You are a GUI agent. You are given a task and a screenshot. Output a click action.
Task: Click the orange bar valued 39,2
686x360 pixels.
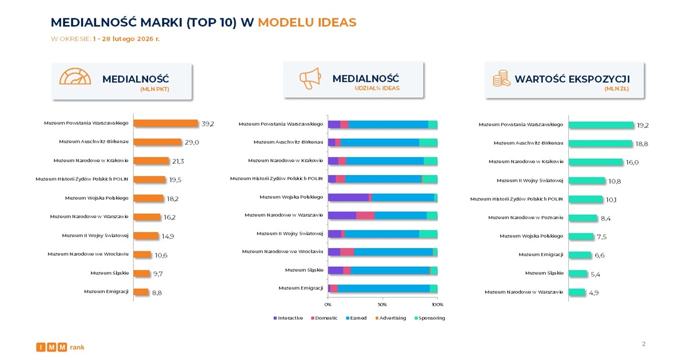click(x=165, y=123)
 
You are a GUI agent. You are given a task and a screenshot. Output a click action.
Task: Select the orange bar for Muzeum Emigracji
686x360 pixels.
click(x=141, y=292)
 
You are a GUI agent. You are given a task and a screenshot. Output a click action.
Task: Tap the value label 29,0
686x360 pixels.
click(x=192, y=142)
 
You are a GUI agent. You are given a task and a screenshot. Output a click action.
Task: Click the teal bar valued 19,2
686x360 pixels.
click(x=601, y=125)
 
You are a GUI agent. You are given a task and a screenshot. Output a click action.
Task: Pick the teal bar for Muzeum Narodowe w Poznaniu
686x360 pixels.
click(x=583, y=218)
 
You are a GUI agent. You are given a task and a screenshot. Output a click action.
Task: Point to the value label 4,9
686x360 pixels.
click(x=593, y=293)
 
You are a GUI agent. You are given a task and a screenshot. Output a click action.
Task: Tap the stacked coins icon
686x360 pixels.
click(x=501, y=79)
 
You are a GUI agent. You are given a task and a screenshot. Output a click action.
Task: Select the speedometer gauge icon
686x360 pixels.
click(x=74, y=79)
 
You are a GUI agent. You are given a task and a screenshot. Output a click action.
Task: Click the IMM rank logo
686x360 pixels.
click(x=60, y=347)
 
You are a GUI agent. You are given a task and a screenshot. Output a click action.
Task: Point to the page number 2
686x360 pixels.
click(x=644, y=344)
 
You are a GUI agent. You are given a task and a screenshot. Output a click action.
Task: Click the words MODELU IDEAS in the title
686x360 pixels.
click(x=306, y=22)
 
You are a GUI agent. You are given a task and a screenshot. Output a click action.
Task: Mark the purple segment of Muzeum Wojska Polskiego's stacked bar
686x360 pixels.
click(x=348, y=197)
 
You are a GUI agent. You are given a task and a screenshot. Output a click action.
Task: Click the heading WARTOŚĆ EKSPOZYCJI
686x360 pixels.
click(x=572, y=79)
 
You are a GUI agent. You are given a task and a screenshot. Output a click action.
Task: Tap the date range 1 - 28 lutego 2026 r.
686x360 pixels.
click(x=130, y=39)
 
